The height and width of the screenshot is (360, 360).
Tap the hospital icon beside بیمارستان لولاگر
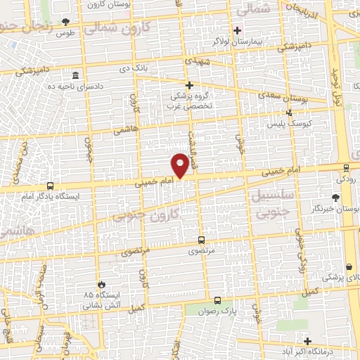[237, 30]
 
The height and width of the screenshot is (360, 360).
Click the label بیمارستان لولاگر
[237, 41]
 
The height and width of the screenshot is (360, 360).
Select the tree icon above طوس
[66, 22]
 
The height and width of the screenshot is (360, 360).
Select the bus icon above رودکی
[347, 167]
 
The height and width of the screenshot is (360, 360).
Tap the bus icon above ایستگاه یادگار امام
[49, 186]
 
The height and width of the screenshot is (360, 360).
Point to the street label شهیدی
[193, 61]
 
